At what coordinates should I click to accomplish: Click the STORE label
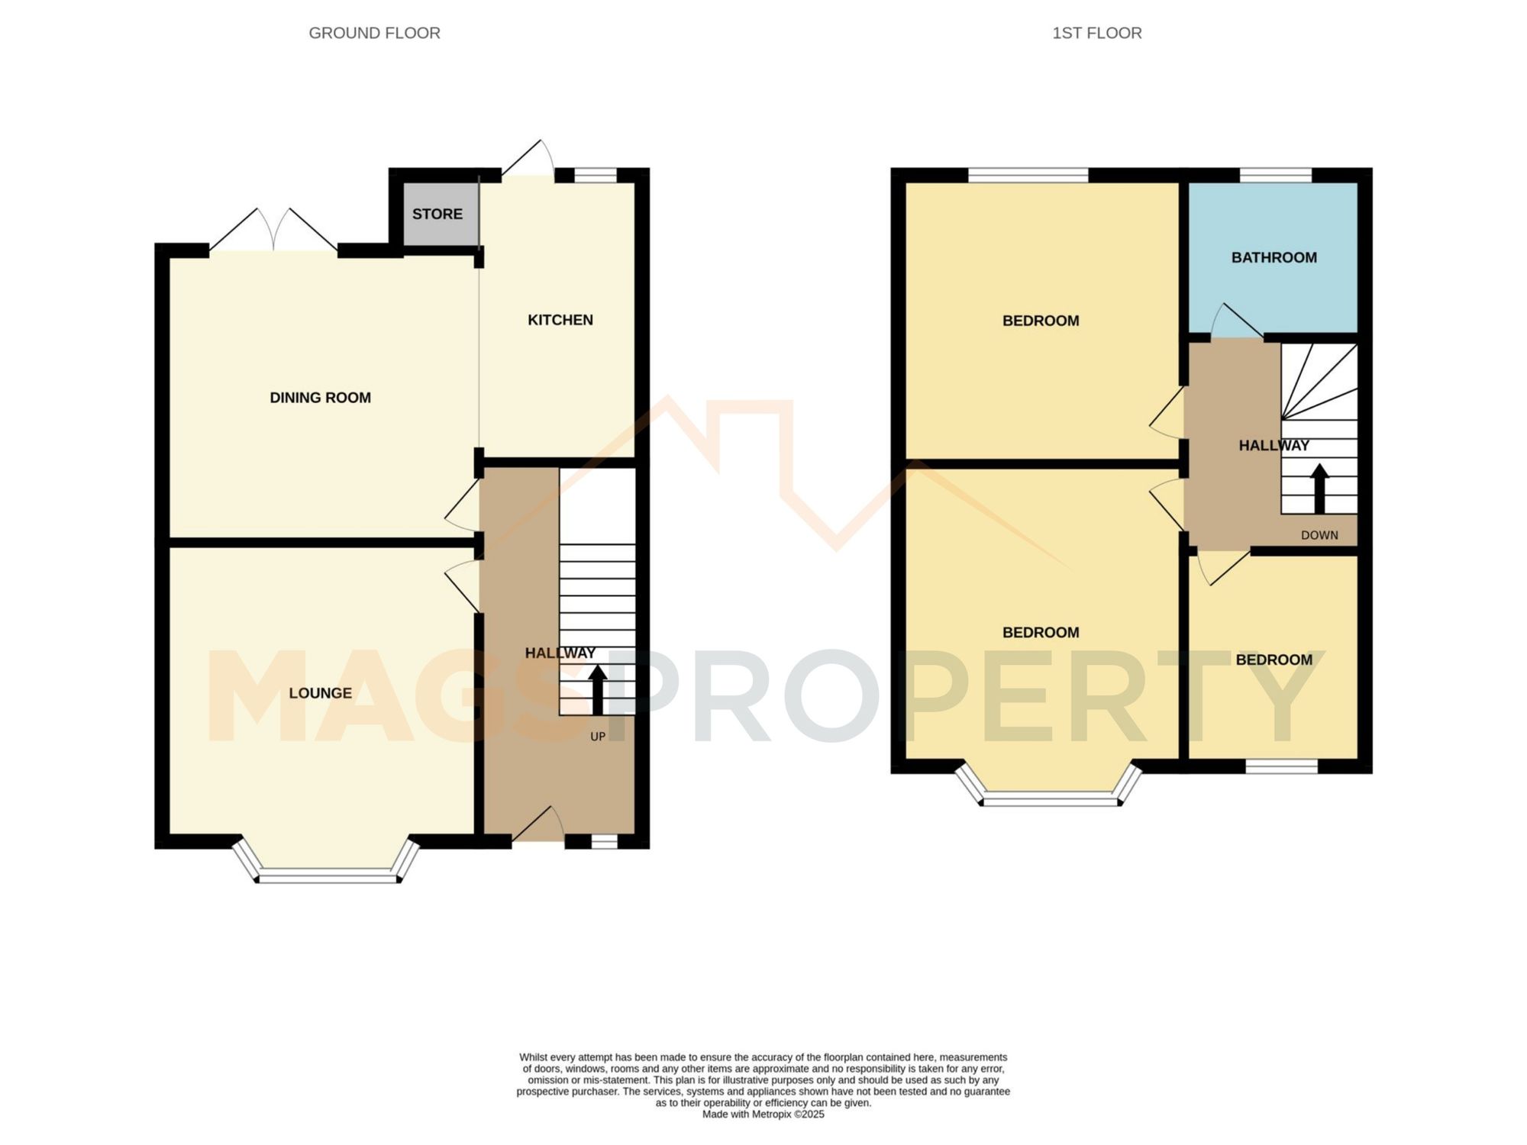(437, 214)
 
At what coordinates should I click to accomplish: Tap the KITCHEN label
(560, 320)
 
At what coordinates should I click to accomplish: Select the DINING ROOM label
(320, 398)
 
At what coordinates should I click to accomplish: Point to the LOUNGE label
(320, 693)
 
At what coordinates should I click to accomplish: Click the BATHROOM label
(1274, 258)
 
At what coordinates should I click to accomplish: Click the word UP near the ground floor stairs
(598, 737)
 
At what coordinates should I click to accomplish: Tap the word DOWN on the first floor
(1319, 535)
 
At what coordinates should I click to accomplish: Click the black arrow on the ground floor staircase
(597, 689)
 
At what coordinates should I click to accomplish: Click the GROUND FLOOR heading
(374, 34)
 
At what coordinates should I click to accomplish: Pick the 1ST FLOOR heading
(1096, 34)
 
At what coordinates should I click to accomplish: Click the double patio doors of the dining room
(273, 231)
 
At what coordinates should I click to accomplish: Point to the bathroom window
(1274, 175)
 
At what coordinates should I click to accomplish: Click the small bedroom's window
(1281, 766)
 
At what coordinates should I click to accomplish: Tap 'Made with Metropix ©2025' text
(763, 1114)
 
